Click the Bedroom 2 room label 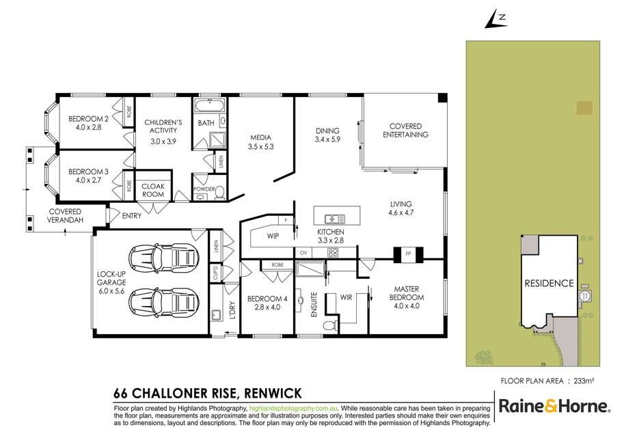(88, 118)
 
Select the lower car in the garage (163, 303)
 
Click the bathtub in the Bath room (210, 107)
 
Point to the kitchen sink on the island (335, 219)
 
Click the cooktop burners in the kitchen (333, 253)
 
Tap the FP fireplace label (408, 254)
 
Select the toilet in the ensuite (330, 325)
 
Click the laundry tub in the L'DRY (217, 315)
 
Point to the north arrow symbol (496, 20)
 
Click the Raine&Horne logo (554, 406)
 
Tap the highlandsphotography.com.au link (294, 408)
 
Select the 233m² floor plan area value (584, 381)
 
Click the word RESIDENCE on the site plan (549, 283)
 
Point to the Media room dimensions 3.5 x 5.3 (260, 146)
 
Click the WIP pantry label (273, 236)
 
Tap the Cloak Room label (153, 190)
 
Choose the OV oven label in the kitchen (303, 253)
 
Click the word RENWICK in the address (273, 394)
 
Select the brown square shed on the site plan (584, 108)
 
